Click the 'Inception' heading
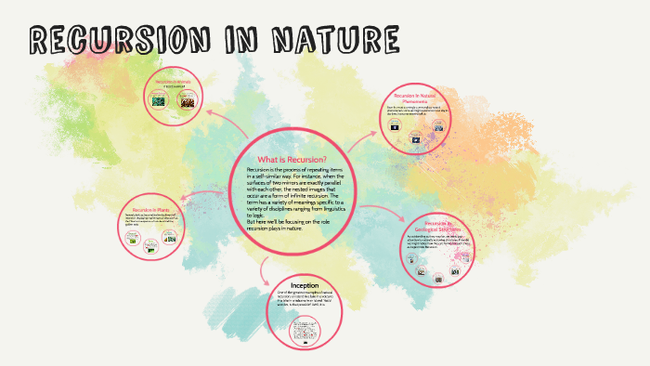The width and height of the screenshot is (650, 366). click(305, 285)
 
